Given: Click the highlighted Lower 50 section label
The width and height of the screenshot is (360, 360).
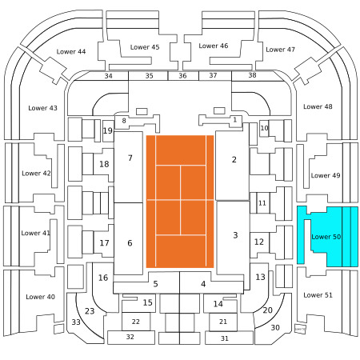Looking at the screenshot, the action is click(x=326, y=237).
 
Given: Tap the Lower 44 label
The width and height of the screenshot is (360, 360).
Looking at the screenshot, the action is click(x=71, y=51).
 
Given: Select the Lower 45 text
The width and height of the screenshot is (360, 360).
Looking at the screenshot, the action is click(x=145, y=47).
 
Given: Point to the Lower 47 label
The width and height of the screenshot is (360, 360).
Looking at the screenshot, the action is click(x=280, y=50).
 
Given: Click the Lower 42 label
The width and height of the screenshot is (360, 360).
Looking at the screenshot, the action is click(x=36, y=174).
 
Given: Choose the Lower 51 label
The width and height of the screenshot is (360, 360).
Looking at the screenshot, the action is click(x=318, y=295).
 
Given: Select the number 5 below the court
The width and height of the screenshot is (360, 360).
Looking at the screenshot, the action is click(x=155, y=284).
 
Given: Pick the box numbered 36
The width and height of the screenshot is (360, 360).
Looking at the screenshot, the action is click(x=183, y=76).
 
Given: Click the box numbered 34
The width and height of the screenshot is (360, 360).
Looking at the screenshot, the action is click(x=108, y=76).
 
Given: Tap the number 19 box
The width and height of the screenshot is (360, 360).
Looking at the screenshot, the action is click(x=108, y=131).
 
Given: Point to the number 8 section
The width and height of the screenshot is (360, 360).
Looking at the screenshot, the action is click(x=124, y=121).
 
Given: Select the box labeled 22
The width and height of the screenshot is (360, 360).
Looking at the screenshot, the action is click(x=136, y=322).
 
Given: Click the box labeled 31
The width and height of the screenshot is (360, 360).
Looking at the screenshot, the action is click(x=229, y=338).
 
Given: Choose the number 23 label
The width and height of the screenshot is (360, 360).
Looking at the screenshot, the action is click(x=90, y=311).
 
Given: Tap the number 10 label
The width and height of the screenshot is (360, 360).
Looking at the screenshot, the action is click(x=264, y=128).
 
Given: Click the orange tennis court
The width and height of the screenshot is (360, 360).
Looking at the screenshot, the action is click(x=180, y=202).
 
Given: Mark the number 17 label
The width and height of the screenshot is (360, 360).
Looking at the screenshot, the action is click(x=104, y=243).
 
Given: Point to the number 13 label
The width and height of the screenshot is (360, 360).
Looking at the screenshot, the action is click(x=260, y=277).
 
